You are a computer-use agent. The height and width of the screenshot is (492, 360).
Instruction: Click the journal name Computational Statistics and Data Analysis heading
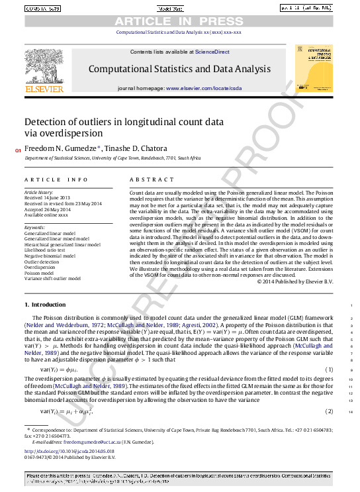[179, 68]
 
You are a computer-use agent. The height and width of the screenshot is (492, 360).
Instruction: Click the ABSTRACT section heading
[147, 179]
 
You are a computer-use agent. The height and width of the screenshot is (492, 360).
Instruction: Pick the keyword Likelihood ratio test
[46, 250]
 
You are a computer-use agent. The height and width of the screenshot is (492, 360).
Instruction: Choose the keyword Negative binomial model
[50, 255]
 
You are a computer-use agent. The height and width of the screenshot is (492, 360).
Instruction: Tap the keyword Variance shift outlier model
[52, 279]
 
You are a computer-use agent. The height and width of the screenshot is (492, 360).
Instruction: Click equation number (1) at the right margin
[329, 369]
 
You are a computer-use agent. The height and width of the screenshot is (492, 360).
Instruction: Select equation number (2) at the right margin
[329, 412]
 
